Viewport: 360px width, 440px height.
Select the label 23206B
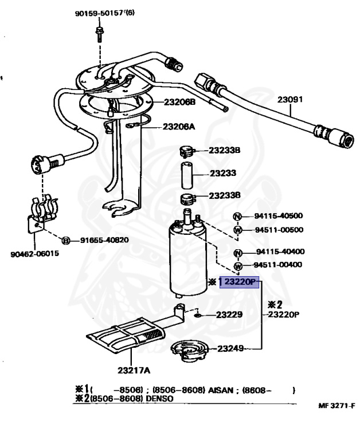click(180, 103)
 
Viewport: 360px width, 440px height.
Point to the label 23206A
click(179, 127)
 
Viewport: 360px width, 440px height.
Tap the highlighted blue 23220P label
click(239, 282)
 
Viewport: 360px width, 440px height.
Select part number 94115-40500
click(279, 216)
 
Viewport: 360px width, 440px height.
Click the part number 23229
click(229, 315)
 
